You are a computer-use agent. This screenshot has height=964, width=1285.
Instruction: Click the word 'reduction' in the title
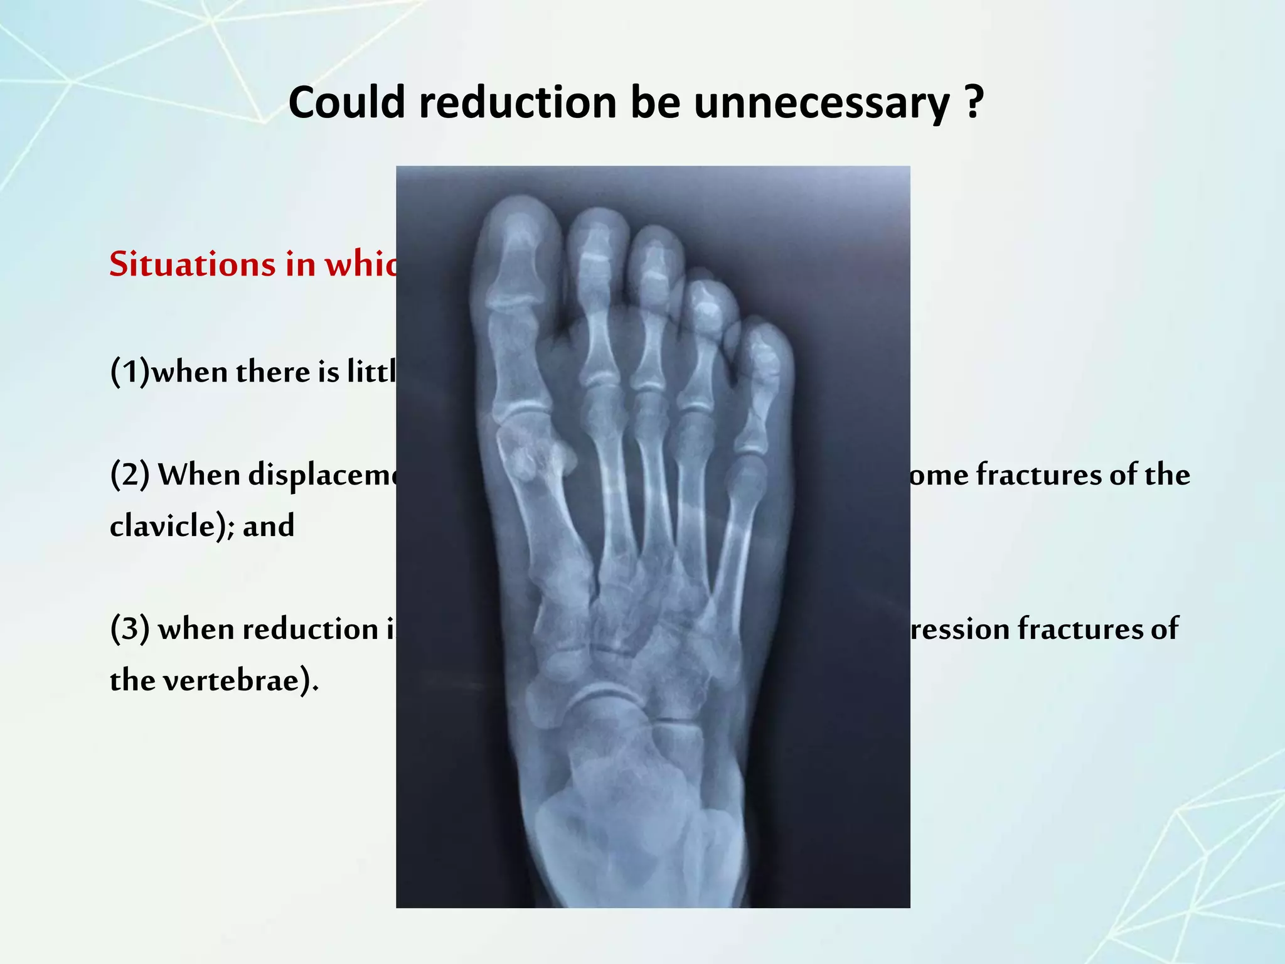click(x=518, y=102)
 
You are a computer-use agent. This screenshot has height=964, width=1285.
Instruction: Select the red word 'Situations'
click(x=192, y=264)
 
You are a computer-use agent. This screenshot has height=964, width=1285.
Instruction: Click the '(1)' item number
click(x=130, y=372)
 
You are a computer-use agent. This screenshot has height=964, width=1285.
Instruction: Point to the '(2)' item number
click(x=130, y=474)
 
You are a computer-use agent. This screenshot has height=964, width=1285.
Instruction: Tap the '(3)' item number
click(x=130, y=629)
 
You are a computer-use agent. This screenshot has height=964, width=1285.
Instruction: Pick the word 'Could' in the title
click(x=347, y=102)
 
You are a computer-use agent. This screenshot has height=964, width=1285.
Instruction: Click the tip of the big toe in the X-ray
click(x=520, y=207)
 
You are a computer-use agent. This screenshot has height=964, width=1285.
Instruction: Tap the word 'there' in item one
click(x=274, y=372)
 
